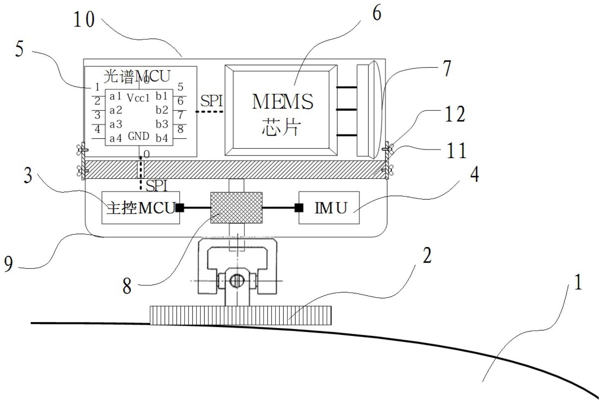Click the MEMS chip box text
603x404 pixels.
[282, 114]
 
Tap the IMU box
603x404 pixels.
[329, 208]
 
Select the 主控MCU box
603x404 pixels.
[141, 208]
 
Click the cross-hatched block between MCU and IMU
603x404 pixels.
[236, 208]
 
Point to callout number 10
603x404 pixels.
[84, 19]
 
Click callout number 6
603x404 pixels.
[377, 13]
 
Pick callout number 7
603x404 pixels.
[447, 68]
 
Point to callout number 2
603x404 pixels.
[427, 256]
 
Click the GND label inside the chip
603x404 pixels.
[139, 136]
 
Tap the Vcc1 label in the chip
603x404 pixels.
[138, 98]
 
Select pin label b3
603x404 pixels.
[162, 124]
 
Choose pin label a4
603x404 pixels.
[115, 138]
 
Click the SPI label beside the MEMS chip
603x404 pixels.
[212, 101]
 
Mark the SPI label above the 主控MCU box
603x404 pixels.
[157, 186]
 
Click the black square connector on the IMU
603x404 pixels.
[299, 208]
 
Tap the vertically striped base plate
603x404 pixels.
[241, 315]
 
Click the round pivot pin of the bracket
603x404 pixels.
[236, 281]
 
